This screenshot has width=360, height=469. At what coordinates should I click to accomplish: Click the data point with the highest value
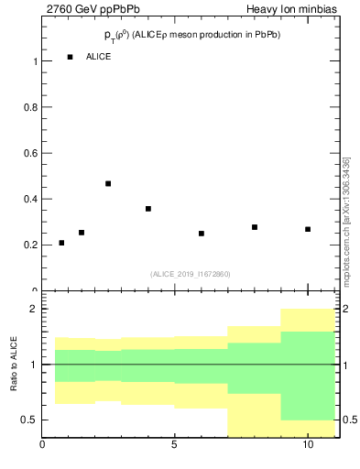(x=108, y=183)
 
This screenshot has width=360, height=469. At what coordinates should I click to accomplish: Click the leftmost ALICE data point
(x=61, y=243)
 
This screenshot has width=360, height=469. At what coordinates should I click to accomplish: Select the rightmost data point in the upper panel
(x=308, y=229)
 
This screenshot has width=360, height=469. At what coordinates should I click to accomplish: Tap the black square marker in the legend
(x=70, y=57)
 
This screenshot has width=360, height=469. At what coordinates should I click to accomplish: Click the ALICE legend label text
(x=99, y=57)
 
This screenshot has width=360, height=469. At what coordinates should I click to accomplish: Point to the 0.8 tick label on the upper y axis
(x=29, y=107)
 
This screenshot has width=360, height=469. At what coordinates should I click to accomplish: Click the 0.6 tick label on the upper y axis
(x=29, y=153)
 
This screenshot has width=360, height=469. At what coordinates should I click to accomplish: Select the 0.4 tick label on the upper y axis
(x=29, y=199)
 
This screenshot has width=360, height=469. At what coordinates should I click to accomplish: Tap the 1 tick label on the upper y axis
(x=34, y=61)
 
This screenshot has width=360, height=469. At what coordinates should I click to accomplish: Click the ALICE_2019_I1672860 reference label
(x=191, y=274)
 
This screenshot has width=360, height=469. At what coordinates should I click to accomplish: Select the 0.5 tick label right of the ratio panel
(x=351, y=420)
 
